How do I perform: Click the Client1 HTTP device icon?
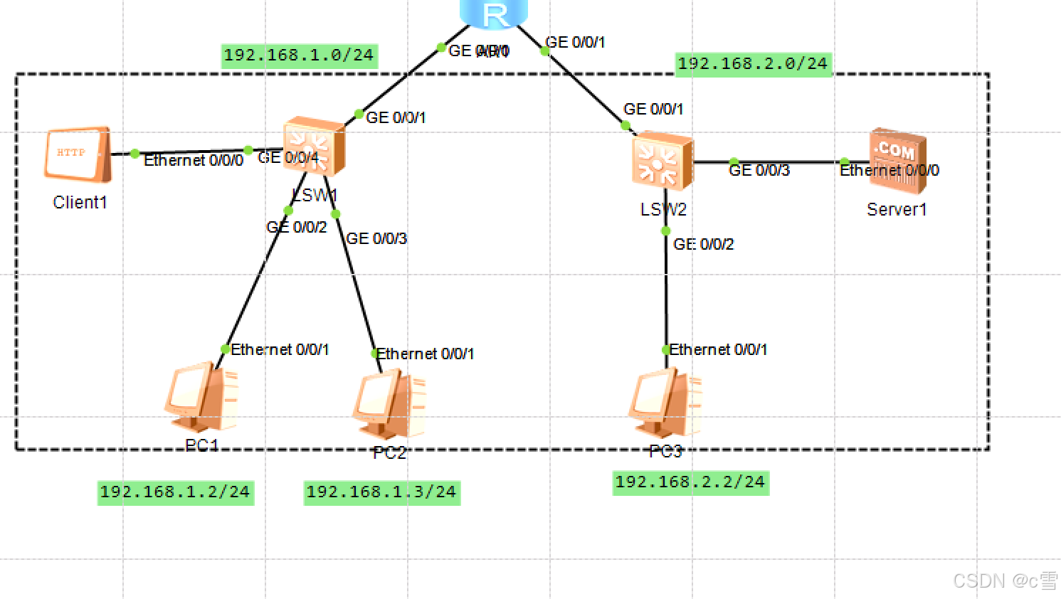coord(78,154)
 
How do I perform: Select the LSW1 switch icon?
coord(314,146)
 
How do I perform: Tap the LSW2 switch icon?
coord(662,161)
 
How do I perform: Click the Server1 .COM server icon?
coord(897,161)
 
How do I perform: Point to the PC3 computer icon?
coord(665,403)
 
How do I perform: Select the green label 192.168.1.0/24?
coord(299,55)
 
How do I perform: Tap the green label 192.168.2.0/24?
coord(753,64)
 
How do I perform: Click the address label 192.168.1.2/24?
coord(175,492)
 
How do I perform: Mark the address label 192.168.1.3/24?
coord(381,492)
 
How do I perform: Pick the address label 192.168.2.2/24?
coord(690,482)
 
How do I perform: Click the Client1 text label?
coord(80,203)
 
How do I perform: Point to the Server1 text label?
coord(897,210)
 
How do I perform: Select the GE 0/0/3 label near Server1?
coord(759,171)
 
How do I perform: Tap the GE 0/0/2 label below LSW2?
coord(704,245)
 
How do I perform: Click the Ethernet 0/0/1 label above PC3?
coord(718,350)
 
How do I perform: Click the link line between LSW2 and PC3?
coord(666,292)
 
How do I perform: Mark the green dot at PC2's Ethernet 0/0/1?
coord(375,354)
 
